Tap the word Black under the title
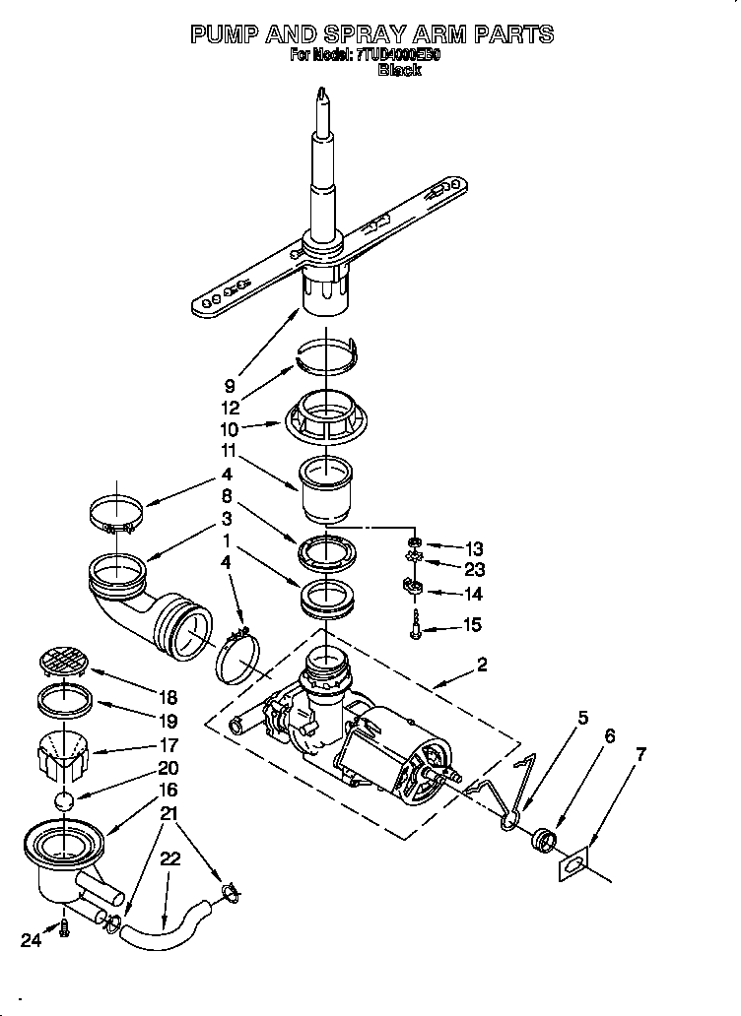[399, 71]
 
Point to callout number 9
[229, 387]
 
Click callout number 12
[229, 408]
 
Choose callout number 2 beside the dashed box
[482, 665]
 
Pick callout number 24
[33, 940]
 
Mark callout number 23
[473, 569]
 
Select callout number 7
[641, 755]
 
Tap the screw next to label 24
[65, 927]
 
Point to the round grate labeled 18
[64, 661]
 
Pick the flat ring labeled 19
[64, 703]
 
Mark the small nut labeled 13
[416, 543]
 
